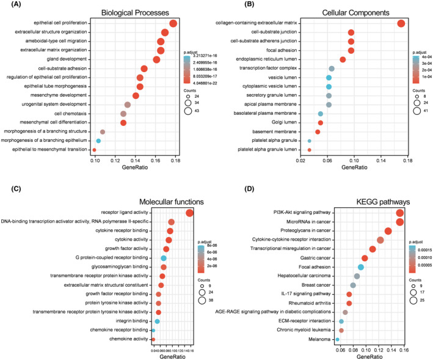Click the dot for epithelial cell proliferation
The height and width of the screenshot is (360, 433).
(173, 23)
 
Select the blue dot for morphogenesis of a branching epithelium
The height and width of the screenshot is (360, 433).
(98, 141)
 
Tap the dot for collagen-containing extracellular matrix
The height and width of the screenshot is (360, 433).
(401, 23)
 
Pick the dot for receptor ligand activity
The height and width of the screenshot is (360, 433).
(189, 213)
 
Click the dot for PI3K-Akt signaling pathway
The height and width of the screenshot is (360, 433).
(400, 213)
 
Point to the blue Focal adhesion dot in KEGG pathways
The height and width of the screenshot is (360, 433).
(361, 267)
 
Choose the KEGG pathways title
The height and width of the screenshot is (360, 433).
(369, 201)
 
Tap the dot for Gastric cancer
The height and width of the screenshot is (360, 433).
(365, 258)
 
